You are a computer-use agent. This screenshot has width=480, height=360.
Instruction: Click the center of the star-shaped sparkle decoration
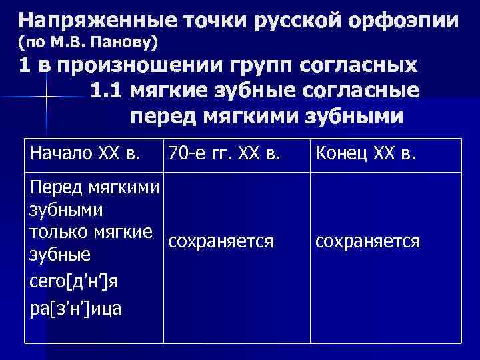(47, 98)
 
